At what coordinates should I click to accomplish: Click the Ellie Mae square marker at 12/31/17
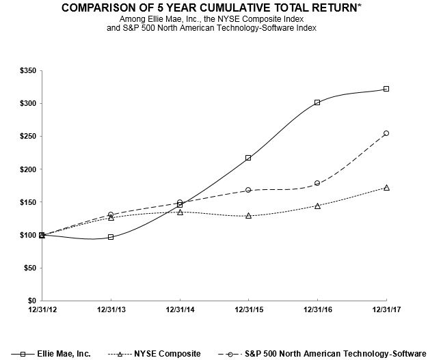click(386, 89)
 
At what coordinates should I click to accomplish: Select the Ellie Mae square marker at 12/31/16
click(317, 102)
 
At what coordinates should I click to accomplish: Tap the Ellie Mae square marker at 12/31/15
click(248, 158)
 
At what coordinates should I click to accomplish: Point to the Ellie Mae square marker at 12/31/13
click(111, 237)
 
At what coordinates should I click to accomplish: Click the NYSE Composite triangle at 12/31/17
click(386, 187)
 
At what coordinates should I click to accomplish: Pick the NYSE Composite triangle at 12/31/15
click(248, 215)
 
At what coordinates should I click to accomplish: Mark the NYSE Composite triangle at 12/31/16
click(317, 206)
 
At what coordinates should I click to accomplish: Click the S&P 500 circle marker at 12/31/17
click(386, 133)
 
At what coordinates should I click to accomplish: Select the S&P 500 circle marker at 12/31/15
click(248, 190)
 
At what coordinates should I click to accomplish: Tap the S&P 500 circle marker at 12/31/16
click(317, 183)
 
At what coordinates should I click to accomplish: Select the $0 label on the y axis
click(31, 301)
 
